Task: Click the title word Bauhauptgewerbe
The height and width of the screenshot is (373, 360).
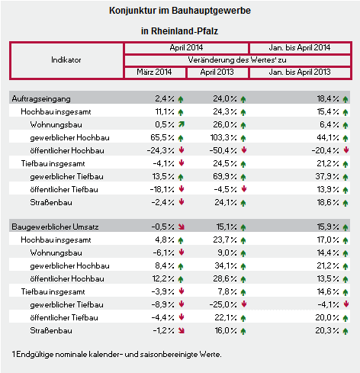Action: tap(211, 11)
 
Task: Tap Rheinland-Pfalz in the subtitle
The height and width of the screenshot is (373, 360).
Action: tap(185, 31)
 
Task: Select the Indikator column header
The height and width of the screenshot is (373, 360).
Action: tap(66, 60)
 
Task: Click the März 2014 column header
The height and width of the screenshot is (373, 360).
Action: tap(154, 72)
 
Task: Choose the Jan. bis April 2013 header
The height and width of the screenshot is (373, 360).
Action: tap(300, 72)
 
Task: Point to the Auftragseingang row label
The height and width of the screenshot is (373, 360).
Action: tap(41, 99)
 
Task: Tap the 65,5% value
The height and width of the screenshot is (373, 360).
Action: tap(162, 137)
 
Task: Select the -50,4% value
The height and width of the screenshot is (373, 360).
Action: tap(223, 150)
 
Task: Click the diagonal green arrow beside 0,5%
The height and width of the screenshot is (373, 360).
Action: tap(182, 124)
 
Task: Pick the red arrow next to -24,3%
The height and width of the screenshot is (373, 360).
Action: tap(182, 150)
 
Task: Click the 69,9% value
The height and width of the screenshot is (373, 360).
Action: tap(225, 176)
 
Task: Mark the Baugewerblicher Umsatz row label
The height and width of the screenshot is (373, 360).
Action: tap(55, 227)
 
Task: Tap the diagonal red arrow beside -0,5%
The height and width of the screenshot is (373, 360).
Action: tap(182, 227)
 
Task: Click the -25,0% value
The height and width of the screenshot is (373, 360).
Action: tap(223, 304)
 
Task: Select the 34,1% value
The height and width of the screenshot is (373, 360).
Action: tap(226, 265)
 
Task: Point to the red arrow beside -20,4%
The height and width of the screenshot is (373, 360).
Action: tap(346, 150)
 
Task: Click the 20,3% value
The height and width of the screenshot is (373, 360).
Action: tap(327, 330)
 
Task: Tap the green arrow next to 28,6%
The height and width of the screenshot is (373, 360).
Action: tap(243, 279)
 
